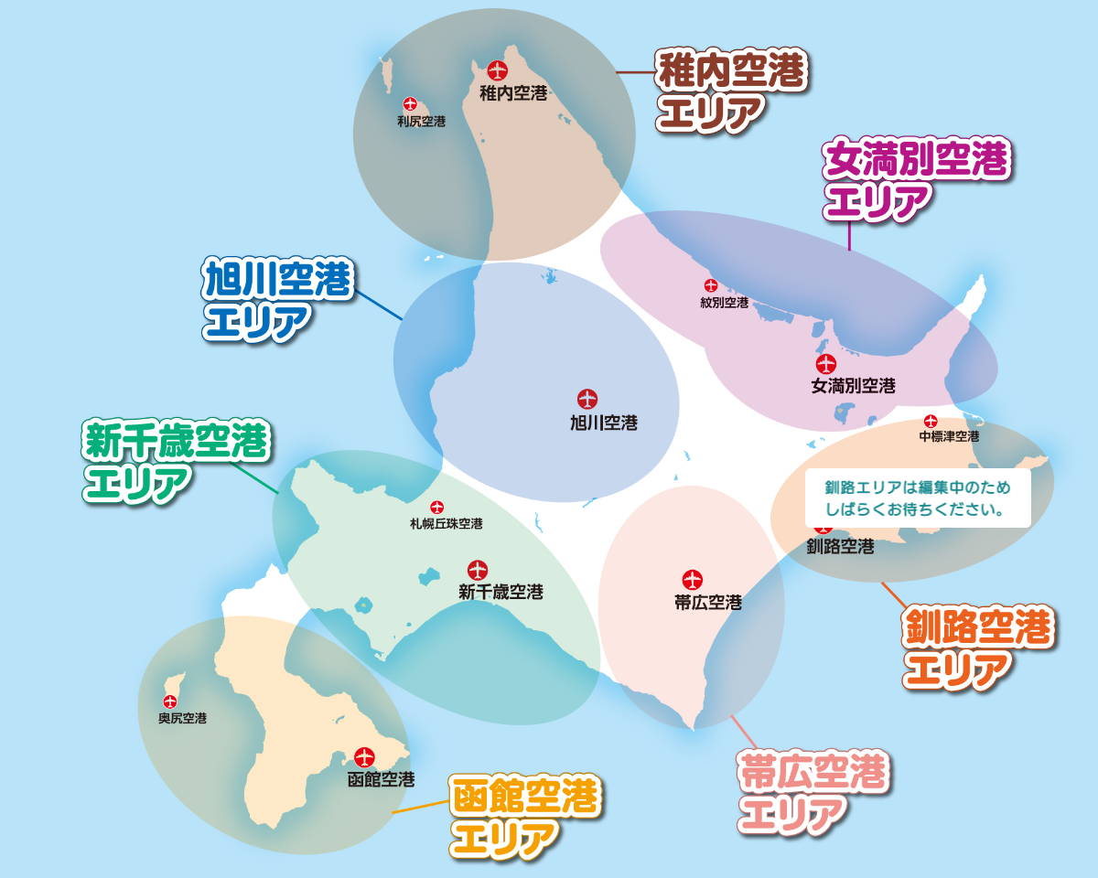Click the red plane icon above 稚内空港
(497, 70)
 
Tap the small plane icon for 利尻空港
(409, 103)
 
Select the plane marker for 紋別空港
(710, 285)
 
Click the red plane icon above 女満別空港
(826, 363)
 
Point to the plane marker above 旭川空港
(587, 399)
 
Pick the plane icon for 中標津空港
(931, 422)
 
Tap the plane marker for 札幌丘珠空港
(436, 507)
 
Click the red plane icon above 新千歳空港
(478, 570)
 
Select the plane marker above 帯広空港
(692, 579)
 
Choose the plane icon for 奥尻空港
(170, 701)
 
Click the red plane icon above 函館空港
(365, 757)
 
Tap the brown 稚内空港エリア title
(730, 91)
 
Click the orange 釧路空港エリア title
(978, 648)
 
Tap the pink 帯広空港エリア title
(813, 793)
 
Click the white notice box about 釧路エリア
(918, 498)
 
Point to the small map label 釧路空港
(840, 547)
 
